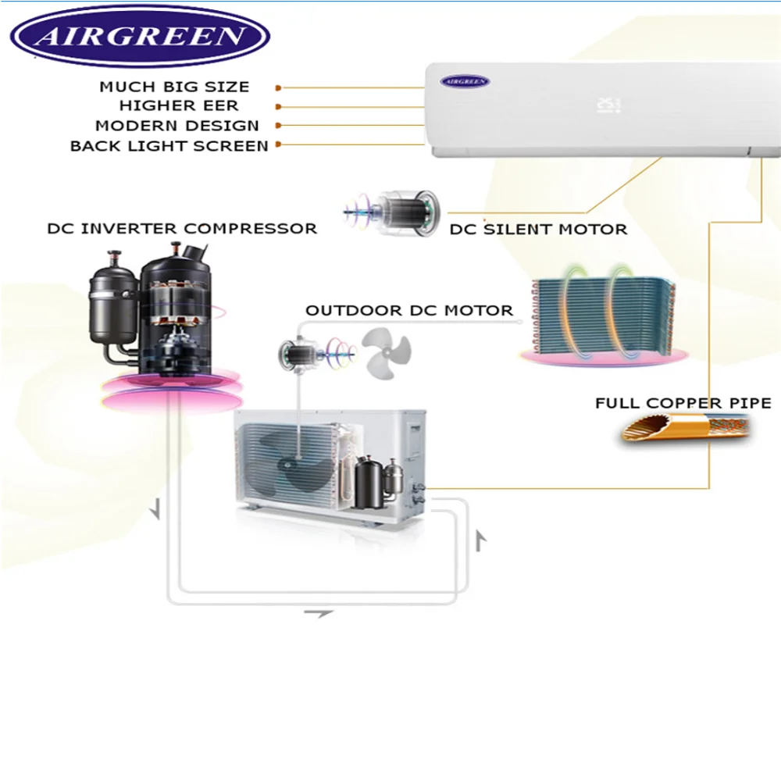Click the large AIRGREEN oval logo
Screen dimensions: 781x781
pyautogui.click(x=140, y=36)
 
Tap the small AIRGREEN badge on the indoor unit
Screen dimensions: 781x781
pyautogui.click(x=465, y=80)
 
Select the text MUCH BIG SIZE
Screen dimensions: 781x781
pyautogui.click(x=173, y=87)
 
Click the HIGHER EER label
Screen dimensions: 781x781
pyautogui.click(x=178, y=105)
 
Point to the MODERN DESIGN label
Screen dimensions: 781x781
pyautogui.click(x=177, y=125)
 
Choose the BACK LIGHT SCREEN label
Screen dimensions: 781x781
pyautogui.click(x=169, y=146)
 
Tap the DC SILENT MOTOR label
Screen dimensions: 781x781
pyautogui.click(x=538, y=230)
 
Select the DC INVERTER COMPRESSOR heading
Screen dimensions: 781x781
pyautogui.click(x=182, y=229)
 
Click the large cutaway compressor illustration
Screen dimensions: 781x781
pyautogui.click(x=156, y=312)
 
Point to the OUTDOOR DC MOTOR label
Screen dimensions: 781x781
pyautogui.click(x=409, y=311)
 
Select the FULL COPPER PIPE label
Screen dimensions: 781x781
pyautogui.click(x=683, y=404)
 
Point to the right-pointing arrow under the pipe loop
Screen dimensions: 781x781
pyautogui.click(x=318, y=614)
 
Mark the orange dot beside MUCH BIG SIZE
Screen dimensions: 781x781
pyautogui.click(x=279, y=88)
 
